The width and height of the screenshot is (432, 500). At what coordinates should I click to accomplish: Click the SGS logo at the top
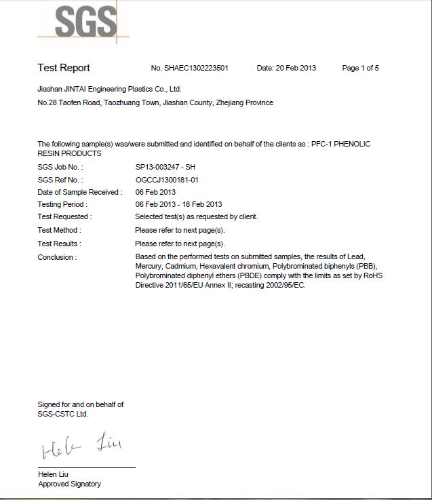coord(85,22)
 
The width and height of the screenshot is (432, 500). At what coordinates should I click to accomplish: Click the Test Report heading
coord(64,68)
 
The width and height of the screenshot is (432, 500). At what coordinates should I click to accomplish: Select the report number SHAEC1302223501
coord(196,68)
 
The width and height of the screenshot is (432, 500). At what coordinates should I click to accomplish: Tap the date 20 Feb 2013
coord(296,68)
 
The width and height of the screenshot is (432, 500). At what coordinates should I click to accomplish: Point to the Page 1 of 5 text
coord(360,68)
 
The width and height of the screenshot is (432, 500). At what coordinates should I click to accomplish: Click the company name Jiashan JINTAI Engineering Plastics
coord(109,89)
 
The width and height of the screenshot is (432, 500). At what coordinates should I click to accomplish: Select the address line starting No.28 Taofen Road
coord(155,102)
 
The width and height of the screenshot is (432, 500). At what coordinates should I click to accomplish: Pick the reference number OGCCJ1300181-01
coord(167,180)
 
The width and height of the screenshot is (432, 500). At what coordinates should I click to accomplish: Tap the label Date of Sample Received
coord(79,192)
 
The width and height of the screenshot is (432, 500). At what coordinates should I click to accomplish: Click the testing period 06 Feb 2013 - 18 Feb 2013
coord(178,204)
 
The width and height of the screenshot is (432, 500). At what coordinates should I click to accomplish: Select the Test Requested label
coord(64,216)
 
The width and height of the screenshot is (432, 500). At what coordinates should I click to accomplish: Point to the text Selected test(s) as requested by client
coord(197,216)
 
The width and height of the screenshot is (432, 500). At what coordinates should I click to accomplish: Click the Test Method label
coord(59,230)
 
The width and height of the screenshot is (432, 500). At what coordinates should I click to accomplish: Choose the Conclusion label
coord(57,257)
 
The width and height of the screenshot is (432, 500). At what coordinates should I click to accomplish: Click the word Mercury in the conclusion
coord(149,267)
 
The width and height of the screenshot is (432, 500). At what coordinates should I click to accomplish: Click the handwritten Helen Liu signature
coord(81,446)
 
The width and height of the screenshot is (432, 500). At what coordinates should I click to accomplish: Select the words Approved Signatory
coord(69,484)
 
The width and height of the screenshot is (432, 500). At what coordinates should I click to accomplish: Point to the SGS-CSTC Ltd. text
coord(62,413)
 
